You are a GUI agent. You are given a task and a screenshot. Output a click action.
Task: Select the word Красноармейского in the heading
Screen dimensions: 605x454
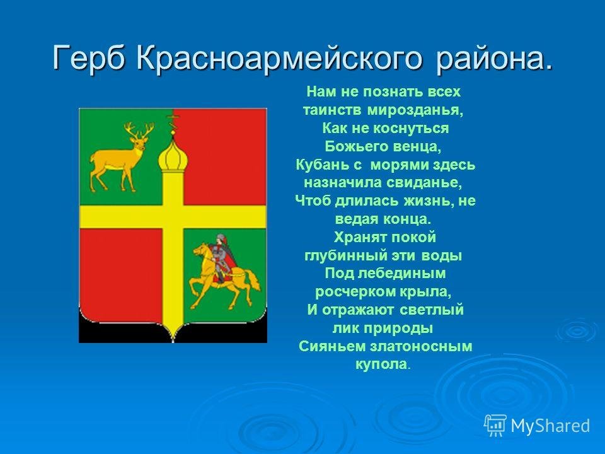coord(278,58)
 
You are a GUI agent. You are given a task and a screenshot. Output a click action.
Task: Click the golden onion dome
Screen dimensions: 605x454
coord(173,156)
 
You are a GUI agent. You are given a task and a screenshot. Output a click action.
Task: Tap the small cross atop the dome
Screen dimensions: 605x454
coord(173,123)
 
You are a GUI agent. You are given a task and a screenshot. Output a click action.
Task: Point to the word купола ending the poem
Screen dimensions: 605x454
coord(381,364)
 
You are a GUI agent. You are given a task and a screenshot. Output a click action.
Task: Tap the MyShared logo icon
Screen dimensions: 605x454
coord(495,426)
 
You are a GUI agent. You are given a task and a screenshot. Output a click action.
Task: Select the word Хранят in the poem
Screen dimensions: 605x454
coord(355,238)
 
